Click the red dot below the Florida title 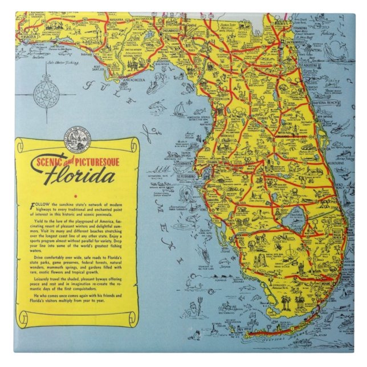[x=82, y=195]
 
